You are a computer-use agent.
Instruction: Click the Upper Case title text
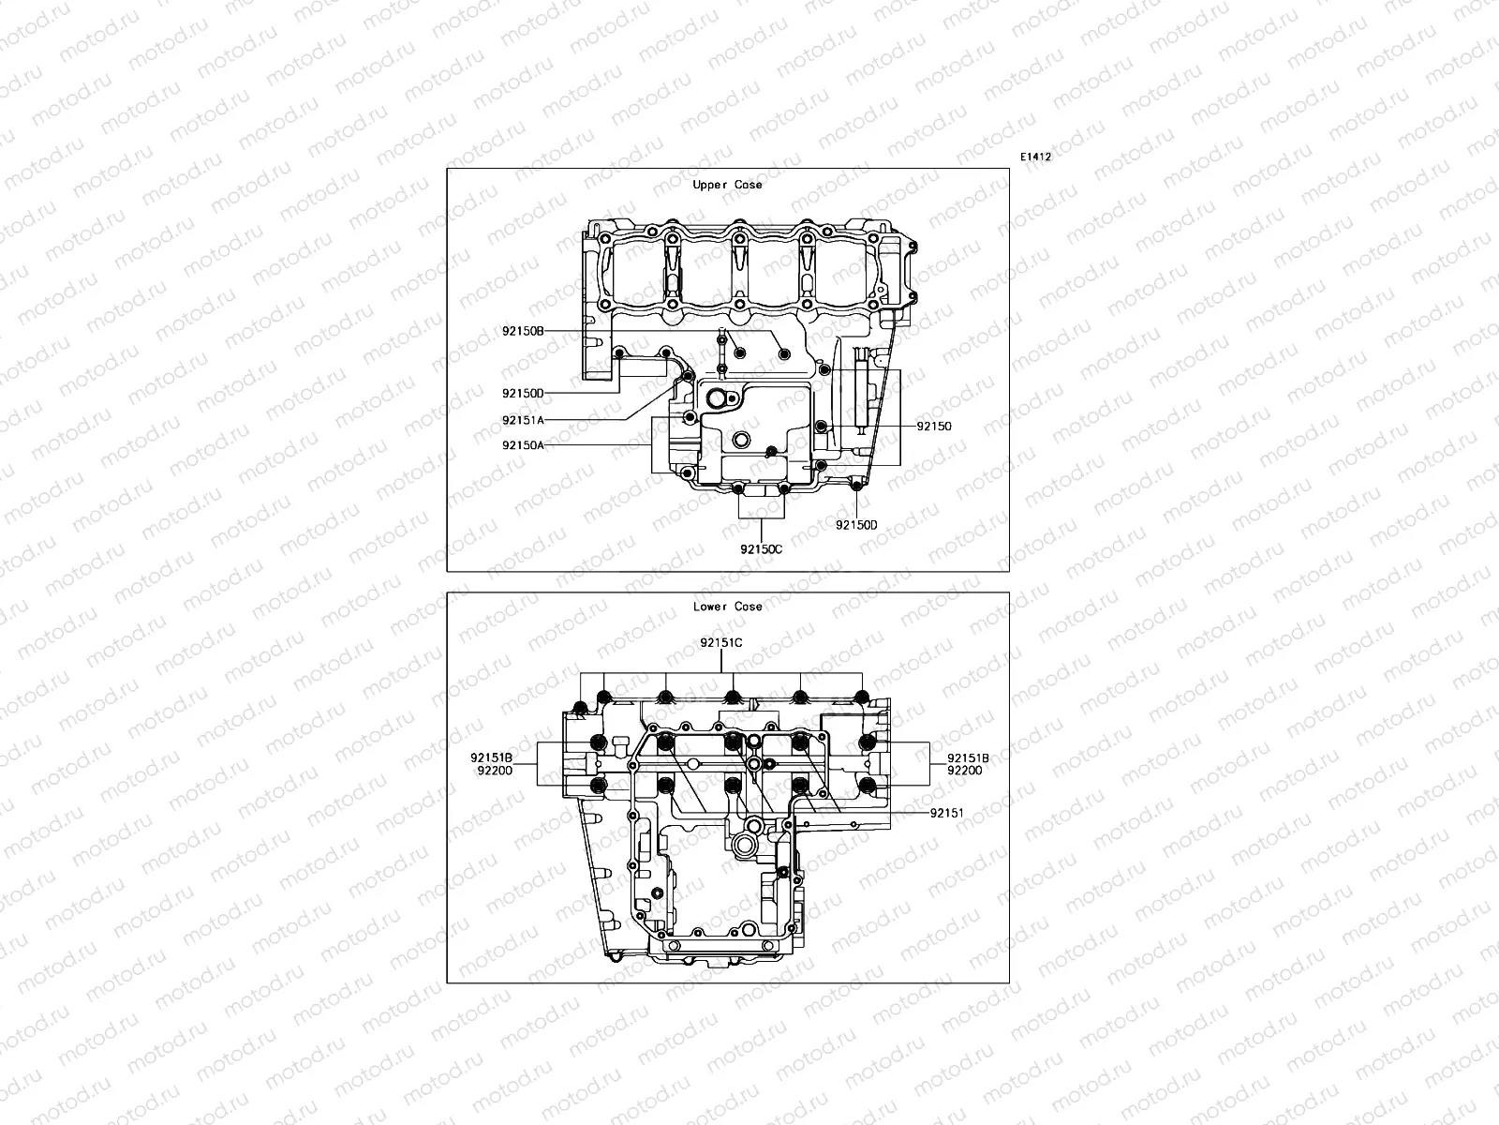(727, 185)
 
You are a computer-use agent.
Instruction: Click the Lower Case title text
(727, 607)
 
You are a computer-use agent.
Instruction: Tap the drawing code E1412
(1035, 157)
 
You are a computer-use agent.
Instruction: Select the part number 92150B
(523, 331)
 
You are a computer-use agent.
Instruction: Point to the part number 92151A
(523, 421)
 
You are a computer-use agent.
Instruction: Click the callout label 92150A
(523, 445)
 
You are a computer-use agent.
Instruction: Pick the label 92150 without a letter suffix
(934, 426)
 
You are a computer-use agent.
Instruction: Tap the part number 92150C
(760, 548)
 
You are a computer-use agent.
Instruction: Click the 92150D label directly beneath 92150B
(523, 394)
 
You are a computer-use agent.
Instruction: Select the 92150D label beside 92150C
(856, 525)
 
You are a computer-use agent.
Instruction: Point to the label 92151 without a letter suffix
(947, 813)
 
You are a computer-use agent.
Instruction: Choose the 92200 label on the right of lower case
(964, 770)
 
